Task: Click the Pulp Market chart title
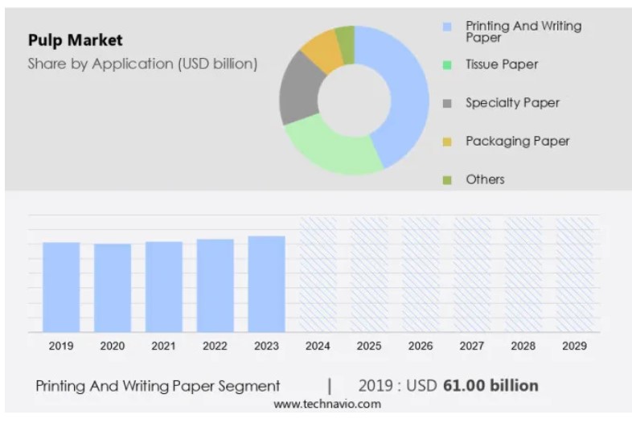click(75, 39)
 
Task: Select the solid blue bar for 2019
click(61, 286)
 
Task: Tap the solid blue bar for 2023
click(266, 283)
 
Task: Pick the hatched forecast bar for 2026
click(421, 274)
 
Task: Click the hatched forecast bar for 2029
click(574, 274)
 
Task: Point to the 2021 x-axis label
click(163, 346)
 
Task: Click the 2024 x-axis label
click(318, 346)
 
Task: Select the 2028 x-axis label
click(523, 346)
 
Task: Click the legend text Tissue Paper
click(502, 64)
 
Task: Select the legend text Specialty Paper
click(512, 103)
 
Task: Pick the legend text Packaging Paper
click(517, 142)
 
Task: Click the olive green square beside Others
click(447, 179)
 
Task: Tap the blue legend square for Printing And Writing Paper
click(447, 27)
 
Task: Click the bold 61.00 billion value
click(490, 385)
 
